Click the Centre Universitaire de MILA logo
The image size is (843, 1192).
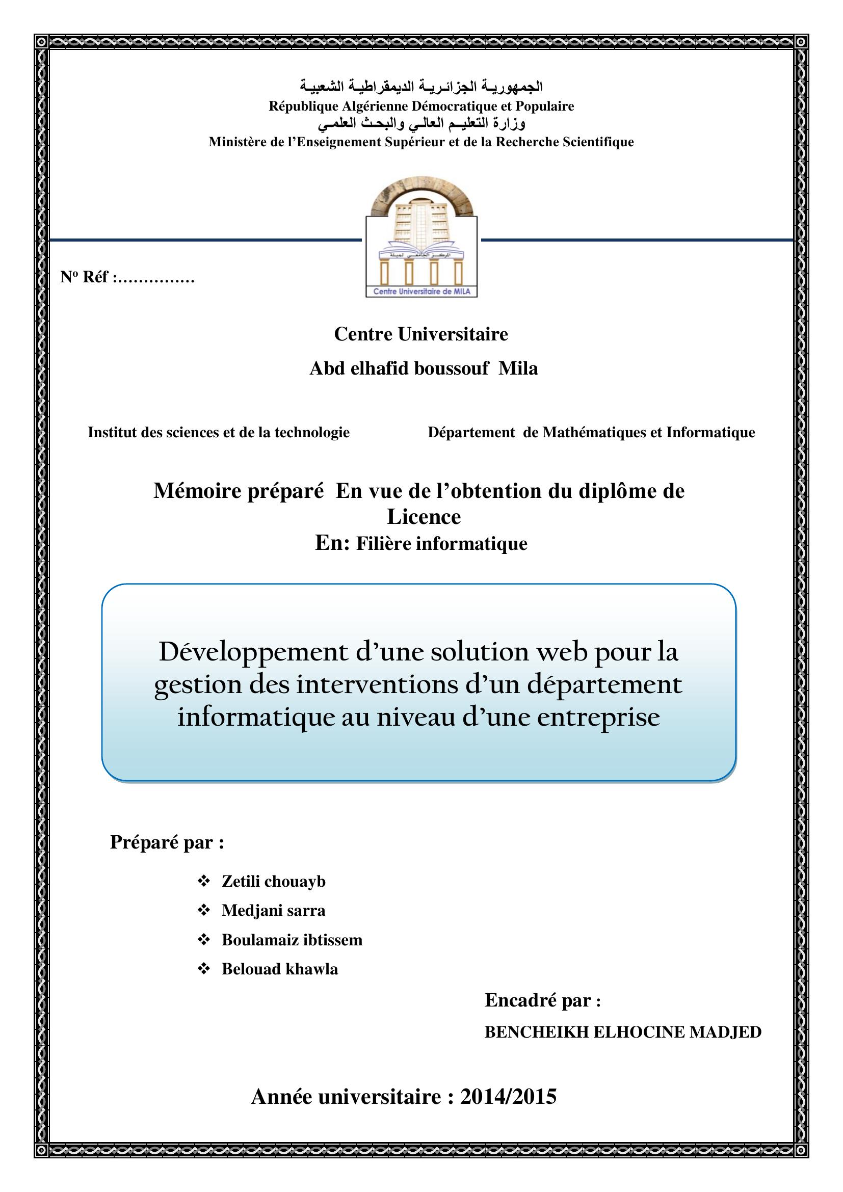click(421, 242)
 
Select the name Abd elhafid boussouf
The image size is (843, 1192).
click(399, 368)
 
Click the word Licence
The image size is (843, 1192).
click(424, 517)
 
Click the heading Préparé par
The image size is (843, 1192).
click(167, 842)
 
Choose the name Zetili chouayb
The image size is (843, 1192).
click(274, 882)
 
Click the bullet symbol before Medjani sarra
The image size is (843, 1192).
click(203, 911)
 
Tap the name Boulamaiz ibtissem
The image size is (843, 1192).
click(292, 940)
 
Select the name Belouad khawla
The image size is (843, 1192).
click(280, 969)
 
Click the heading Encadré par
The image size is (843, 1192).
click(542, 1000)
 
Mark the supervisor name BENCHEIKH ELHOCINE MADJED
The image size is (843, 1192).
click(623, 1032)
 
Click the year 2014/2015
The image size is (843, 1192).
click(508, 1097)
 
